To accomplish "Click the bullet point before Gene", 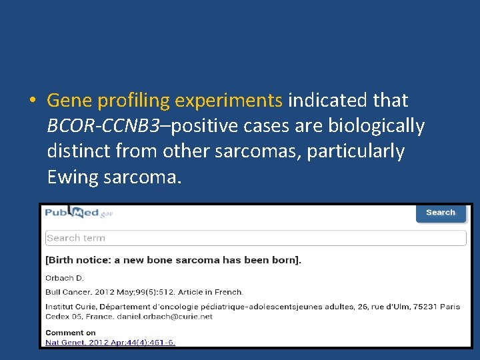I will click(33, 101).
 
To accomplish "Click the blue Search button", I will click(440, 213).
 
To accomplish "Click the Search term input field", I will click(255, 238).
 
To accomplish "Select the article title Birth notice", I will click(173, 260).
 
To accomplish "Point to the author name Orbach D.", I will click(64, 277).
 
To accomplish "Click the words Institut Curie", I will click(70, 307).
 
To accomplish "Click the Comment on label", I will click(70, 333).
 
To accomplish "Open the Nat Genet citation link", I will click(110, 342).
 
